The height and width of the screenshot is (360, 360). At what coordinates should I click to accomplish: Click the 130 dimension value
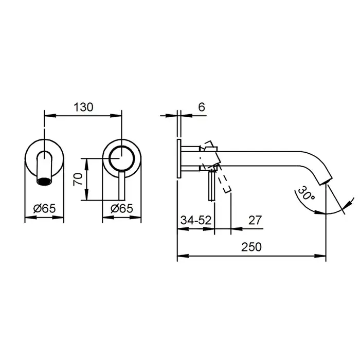pos(83,107)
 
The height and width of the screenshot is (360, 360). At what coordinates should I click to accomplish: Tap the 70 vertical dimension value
pos(78,179)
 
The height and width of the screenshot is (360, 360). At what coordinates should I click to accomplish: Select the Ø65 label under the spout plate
pos(44,208)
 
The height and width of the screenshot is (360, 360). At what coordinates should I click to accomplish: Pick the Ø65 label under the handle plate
pos(122,208)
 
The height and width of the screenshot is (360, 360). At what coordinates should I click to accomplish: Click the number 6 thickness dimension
pos(202,107)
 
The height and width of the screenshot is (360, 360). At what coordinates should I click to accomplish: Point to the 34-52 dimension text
pos(196,221)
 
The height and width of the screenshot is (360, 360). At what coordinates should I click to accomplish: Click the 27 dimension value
pos(255,221)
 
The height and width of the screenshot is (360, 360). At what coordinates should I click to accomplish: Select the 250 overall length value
pos(251,247)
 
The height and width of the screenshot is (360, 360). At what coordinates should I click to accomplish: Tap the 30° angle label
pos(306,193)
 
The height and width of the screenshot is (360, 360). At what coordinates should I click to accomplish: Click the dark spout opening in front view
pos(44,182)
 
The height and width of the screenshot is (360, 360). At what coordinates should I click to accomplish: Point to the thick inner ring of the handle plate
pos(122,158)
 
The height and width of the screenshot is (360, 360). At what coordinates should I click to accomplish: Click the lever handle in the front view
pos(122,186)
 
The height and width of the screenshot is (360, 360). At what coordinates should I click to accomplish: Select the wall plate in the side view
pos(179,158)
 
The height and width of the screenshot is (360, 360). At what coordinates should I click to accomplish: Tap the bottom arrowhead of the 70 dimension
pos(86,194)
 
